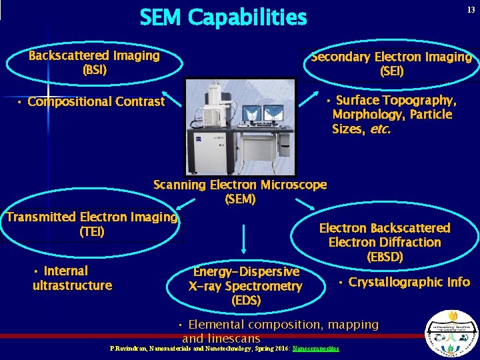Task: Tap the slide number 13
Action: point(471,9)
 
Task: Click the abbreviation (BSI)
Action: point(94,69)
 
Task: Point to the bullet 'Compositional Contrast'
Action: point(95,102)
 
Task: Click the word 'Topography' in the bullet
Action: point(419,101)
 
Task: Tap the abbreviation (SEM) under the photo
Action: point(240,199)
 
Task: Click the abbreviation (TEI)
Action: point(91,232)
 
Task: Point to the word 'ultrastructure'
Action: point(72,286)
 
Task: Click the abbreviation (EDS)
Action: point(245,301)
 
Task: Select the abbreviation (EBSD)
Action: point(385,257)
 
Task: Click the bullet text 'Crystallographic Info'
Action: point(408,282)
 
